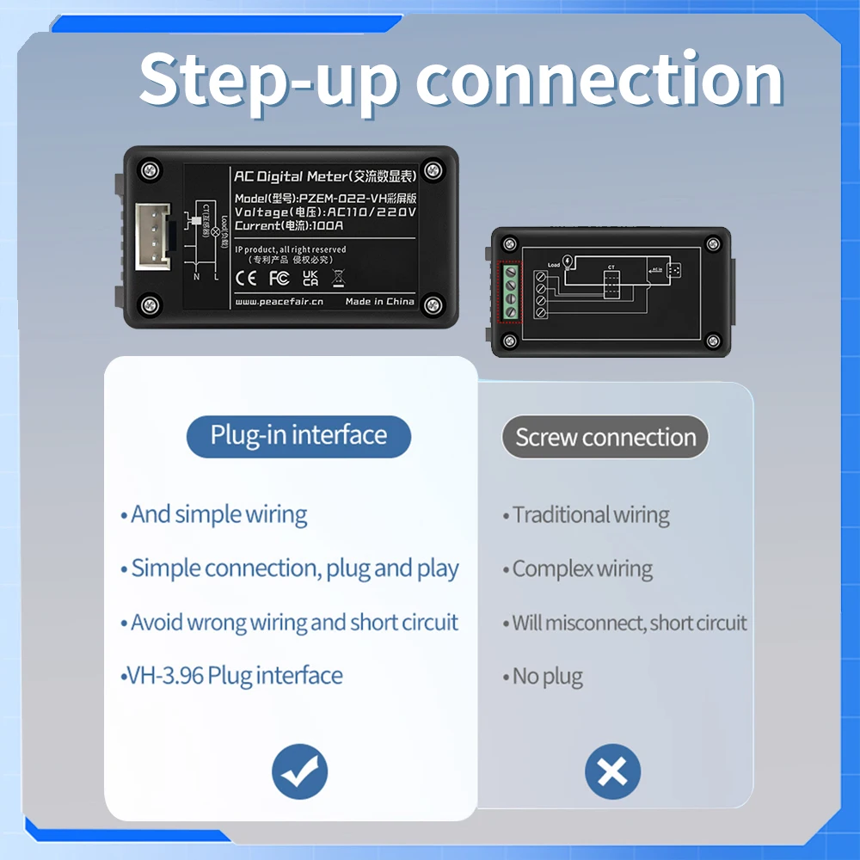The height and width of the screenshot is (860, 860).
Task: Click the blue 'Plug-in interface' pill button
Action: coord(298,435)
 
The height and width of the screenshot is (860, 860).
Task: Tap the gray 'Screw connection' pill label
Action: coord(605,438)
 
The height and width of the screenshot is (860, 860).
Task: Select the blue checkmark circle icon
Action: coord(299,771)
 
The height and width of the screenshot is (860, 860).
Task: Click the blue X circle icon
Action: coord(612,771)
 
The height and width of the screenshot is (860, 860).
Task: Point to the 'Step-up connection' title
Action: coord(461,79)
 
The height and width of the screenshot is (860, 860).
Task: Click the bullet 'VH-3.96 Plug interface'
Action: coord(234,676)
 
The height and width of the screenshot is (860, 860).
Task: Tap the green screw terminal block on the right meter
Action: coord(510,292)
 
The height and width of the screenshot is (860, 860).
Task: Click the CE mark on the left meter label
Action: coord(246,278)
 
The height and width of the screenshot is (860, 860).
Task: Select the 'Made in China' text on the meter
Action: coord(379,302)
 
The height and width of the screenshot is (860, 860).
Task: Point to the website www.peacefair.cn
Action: coord(278,302)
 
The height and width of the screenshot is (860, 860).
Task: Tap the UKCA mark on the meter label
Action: coord(310,278)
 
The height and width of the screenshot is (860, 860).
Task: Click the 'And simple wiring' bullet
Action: coord(218,515)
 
